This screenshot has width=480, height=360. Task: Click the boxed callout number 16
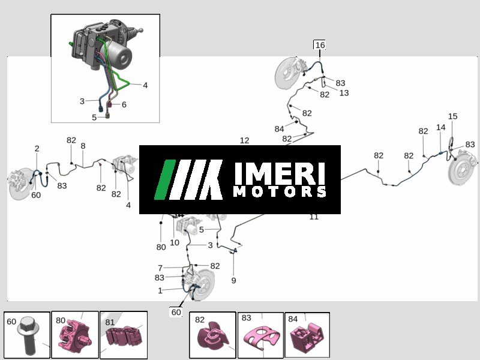(x=320, y=45)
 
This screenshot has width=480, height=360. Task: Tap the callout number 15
(x=452, y=116)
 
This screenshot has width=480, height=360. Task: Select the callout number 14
(x=440, y=127)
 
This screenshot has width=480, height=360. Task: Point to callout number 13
(x=344, y=93)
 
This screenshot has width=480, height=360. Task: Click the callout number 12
(x=244, y=140)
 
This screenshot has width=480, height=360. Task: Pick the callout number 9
(x=233, y=280)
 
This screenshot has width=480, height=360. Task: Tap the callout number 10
(x=175, y=242)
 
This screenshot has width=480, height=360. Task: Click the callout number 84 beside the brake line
(x=279, y=129)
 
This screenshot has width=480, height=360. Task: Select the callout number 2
(x=37, y=148)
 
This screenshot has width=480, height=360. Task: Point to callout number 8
(x=83, y=146)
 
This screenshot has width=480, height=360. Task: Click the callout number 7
(x=160, y=268)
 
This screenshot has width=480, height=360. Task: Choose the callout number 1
(x=160, y=290)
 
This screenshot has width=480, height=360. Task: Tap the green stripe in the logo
(x=165, y=179)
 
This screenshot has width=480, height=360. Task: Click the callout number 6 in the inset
(x=124, y=104)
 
